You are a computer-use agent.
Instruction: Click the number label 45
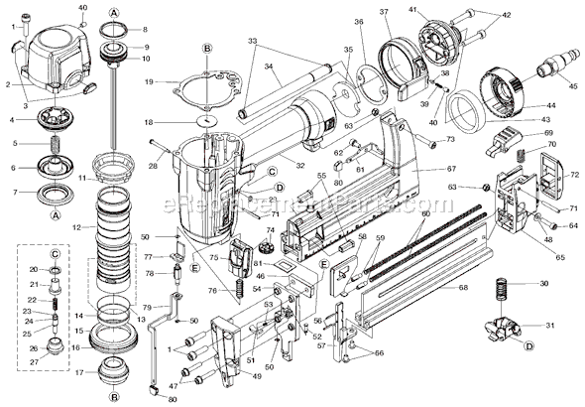pos(571,86)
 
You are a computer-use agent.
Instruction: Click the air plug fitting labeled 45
pos(546,70)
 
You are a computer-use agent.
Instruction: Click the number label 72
pos(572,176)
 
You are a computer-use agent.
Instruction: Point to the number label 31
pos(549,326)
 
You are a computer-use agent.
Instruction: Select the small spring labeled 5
pos(48,144)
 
